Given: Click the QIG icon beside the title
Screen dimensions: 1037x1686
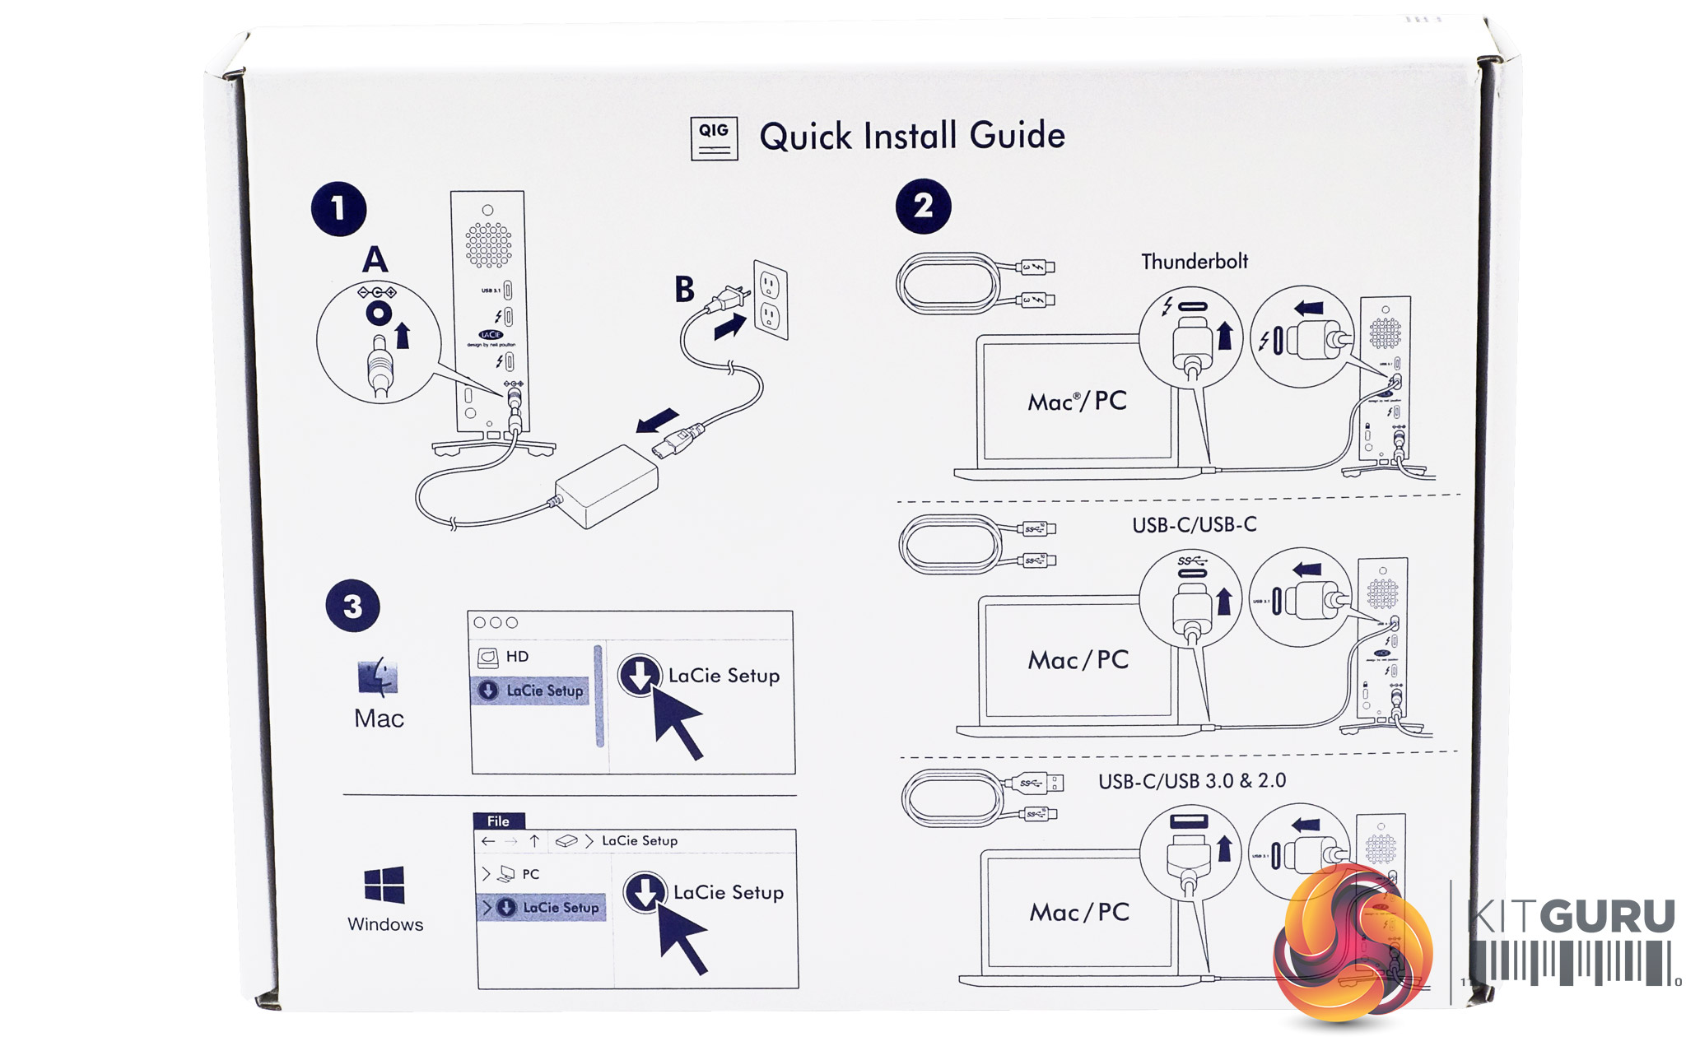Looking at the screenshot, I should click(714, 138).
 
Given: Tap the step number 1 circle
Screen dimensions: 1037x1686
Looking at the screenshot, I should click(338, 209).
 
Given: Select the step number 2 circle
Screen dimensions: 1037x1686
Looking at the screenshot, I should click(923, 206).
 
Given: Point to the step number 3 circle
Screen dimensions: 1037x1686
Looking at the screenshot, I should click(353, 607).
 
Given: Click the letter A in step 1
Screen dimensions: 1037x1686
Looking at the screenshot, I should click(375, 260).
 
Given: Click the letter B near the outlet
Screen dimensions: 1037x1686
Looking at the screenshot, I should click(684, 290).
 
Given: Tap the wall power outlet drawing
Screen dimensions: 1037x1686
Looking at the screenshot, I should click(771, 300).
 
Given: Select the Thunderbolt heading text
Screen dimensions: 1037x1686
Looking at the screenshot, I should click(1194, 262).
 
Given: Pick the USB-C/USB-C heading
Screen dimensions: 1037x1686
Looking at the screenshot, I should click(1194, 525).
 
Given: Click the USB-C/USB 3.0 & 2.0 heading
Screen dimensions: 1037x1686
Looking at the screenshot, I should click(1191, 781).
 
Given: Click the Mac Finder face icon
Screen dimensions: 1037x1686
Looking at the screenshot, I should click(378, 677).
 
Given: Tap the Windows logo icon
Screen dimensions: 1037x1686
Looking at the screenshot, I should click(384, 886).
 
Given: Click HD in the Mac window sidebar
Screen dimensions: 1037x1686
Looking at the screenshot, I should click(517, 657).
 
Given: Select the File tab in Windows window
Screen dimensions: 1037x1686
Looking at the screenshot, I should click(498, 821).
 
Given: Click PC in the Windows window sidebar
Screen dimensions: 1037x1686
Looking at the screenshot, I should click(531, 874).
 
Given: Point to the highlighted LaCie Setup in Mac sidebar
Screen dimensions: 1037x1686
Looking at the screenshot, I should click(543, 691).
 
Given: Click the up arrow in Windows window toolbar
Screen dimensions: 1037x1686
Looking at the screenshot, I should click(534, 841).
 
